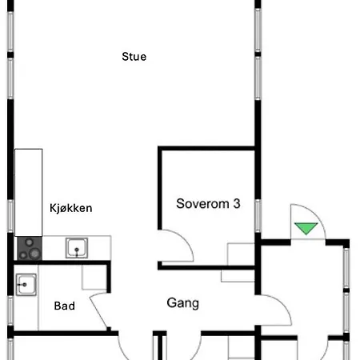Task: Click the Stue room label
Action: (x=134, y=57)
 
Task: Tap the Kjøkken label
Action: (x=71, y=208)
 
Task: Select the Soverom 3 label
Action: (x=208, y=204)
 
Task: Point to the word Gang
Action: (x=183, y=303)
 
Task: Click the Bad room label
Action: (x=65, y=306)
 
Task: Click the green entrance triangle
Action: (x=306, y=228)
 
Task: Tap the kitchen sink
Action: (x=77, y=248)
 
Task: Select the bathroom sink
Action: (x=26, y=285)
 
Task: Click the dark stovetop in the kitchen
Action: (x=30, y=248)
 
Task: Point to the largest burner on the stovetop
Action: (x=34, y=254)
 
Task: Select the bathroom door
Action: (x=98, y=310)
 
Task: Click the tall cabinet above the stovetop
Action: (x=29, y=193)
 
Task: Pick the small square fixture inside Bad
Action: (x=94, y=277)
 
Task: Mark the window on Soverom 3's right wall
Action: (x=258, y=215)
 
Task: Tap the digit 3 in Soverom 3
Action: (x=237, y=204)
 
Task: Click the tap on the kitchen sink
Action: (x=77, y=251)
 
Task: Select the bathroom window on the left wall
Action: (x=10, y=310)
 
